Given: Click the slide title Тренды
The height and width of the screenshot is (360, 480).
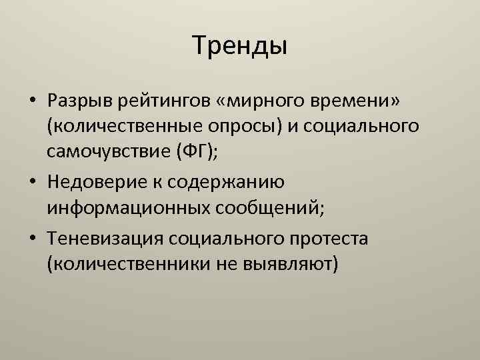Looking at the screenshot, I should tap(240, 46).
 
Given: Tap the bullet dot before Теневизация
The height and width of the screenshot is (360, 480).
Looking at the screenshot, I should tap(33, 237).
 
